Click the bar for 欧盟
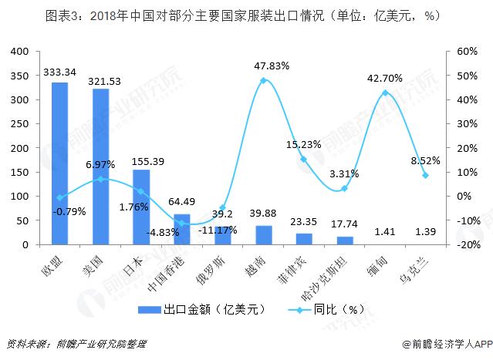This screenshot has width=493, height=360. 59,163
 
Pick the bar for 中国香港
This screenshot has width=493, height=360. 182,229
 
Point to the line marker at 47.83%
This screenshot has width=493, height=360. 264,80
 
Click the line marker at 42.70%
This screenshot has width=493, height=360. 385,93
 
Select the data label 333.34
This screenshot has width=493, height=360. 59,72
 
